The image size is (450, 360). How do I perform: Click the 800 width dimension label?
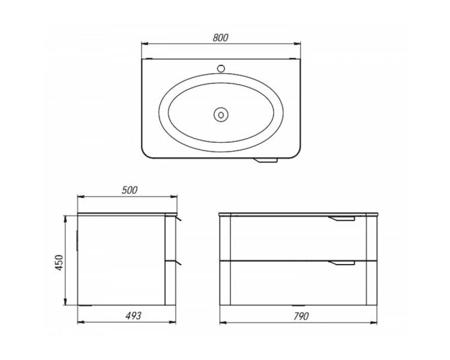(220, 38)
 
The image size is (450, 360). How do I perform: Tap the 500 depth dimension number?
(130, 190)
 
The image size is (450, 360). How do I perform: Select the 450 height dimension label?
(59, 262)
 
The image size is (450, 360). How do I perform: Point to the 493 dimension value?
(133, 316)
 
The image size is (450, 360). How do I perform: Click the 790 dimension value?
(301, 316)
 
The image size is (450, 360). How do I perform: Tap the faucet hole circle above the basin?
(221, 68)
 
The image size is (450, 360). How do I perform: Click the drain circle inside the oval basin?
(221, 115)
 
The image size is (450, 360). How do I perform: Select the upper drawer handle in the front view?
(341, 218)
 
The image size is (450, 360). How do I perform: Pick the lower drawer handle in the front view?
(342, 262)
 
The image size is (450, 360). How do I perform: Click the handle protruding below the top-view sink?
(266, 160)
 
